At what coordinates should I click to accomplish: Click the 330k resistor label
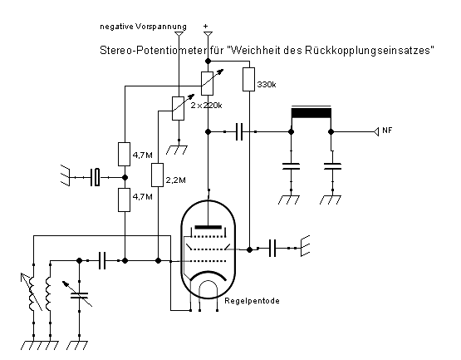[x=267, y=85]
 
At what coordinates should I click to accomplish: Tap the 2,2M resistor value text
[x=175, y=180]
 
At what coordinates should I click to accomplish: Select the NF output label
[x=387, y=130]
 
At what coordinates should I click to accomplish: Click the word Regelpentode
[x=252, y=301]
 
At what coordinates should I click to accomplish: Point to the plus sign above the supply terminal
[x=205, y=27]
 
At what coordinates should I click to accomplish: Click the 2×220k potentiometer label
[x=206, y=105]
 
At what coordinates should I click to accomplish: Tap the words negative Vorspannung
[x=143, y=27]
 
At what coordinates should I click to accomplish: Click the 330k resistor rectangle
[x=248, y=79]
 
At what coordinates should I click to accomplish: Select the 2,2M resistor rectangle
[x=157, y=175]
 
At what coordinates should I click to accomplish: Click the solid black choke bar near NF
[x=311, y=113]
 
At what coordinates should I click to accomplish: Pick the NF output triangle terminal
[x=376, y=131]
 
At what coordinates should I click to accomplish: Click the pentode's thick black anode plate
[x=208, y=227]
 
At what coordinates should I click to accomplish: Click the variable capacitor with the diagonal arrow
[x=79, y=295]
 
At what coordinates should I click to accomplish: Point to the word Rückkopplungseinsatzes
[x=370, y=50]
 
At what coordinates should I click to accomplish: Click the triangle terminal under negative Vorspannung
[x=179, y=34]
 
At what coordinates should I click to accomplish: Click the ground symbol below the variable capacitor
[x=77, y=345]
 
